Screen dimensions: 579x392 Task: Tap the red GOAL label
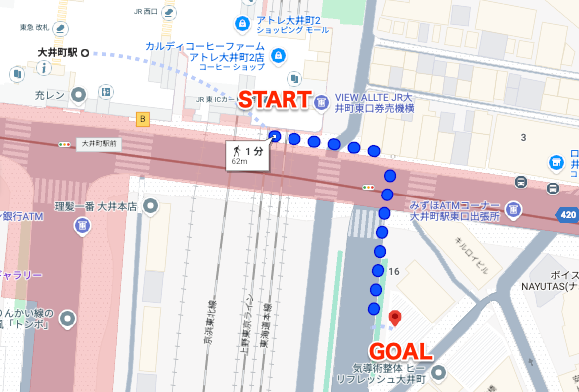click(401, 351)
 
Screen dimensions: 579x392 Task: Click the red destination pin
click(394, 318)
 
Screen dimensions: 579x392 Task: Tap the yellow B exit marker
click(142, 119)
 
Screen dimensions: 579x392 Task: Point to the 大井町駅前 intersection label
click(99, 144)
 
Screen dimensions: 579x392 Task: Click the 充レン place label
click(49, 95)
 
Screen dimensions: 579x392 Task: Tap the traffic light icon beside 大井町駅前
click(65, 144)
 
